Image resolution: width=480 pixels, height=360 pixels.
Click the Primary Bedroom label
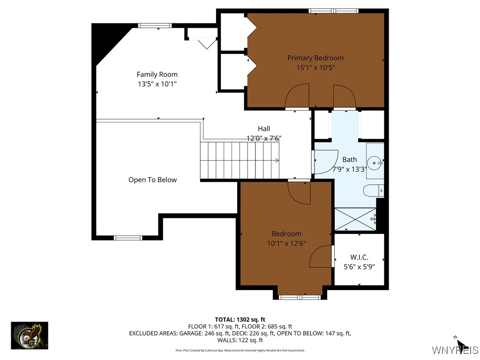click(315, 58)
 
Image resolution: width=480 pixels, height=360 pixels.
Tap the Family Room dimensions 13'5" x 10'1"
click(157, 84)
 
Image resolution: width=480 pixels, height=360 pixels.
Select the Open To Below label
click(152, 180)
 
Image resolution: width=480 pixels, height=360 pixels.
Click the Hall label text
click(264, 128)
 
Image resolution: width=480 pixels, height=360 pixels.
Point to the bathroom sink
click(374, 163)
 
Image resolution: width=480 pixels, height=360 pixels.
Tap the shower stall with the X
click(355, 219)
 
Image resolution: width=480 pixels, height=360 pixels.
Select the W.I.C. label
click(359, 257)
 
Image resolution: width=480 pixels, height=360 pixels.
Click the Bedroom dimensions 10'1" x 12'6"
click(286, 243)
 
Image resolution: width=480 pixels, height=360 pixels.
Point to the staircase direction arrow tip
click(278, 160)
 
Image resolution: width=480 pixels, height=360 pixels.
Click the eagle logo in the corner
click(30, 336)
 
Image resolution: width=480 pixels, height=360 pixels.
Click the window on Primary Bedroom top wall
click(333, 11)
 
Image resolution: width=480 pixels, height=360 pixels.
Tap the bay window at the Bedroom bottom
click(300, 297)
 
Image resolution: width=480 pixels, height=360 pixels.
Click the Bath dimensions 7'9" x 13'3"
click(349, 169)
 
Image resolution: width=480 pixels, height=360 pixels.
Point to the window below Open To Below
click(128, 238)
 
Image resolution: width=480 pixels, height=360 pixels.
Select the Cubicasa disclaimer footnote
click(240, 350)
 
